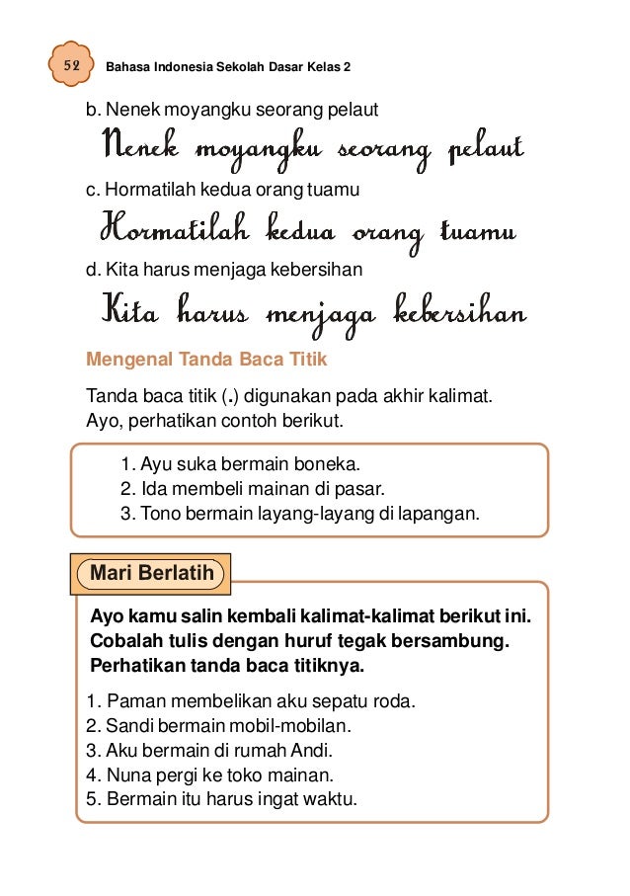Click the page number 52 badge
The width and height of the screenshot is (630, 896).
tap(71, 66)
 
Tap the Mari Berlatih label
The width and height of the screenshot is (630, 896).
tap(147, 573)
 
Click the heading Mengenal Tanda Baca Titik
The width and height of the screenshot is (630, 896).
tap(206, 360)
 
